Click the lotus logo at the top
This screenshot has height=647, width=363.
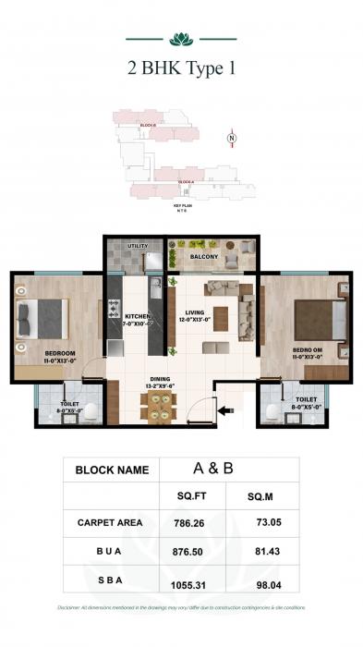click(x=181, y=39)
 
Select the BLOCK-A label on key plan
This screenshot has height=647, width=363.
click(x=185, y=181)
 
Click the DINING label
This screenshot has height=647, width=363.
click(x=161, y=379)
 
